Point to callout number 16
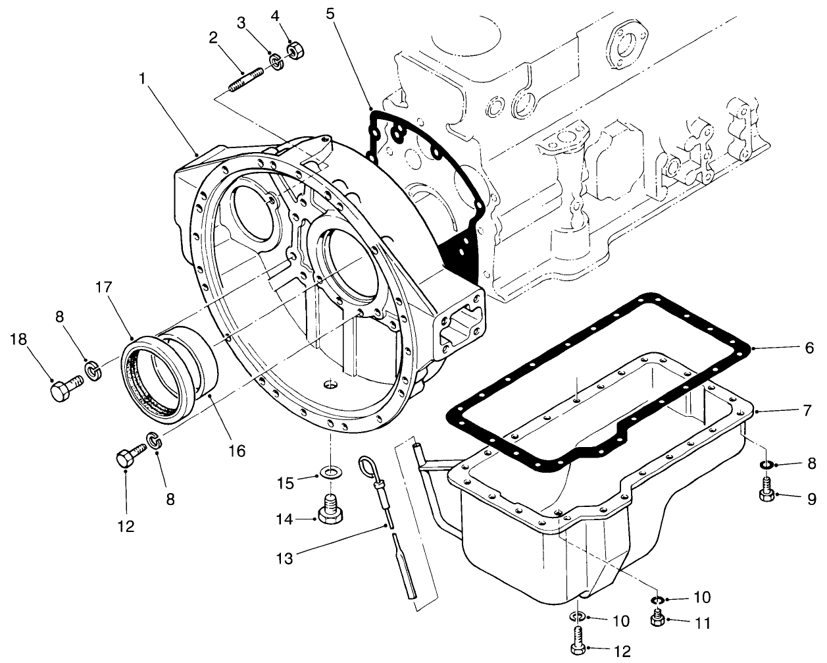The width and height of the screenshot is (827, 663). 236,451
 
